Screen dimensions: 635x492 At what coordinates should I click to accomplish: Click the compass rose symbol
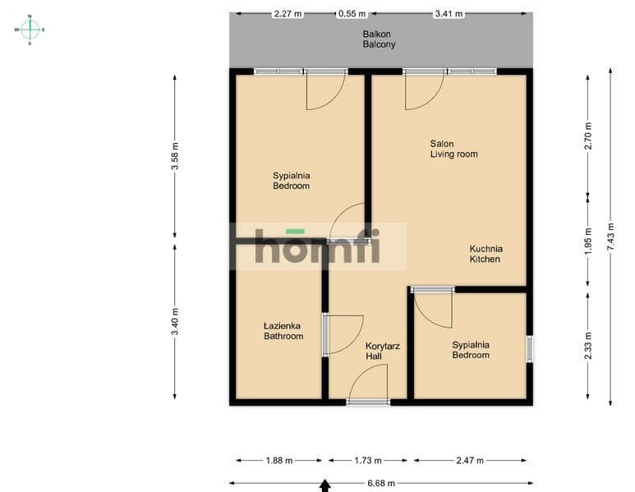(x=30, y=30)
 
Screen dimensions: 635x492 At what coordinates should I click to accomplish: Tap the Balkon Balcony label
(x=379, y=39)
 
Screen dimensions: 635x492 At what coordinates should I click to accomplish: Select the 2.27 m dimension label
(x=288, y=14)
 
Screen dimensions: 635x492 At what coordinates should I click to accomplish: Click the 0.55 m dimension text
(x=352, y=14)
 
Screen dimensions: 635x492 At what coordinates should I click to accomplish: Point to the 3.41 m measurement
(x=449, y=14)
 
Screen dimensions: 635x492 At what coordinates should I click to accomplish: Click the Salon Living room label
(x=453, y=149)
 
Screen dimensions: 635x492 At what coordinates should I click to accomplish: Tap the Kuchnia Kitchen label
(x=486, y=254)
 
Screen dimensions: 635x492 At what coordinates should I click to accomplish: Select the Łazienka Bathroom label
(x=283, y=331)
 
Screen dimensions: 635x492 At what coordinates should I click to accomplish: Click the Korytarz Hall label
(x=383, y=351)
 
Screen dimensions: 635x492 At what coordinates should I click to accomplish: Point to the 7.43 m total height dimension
(x=611, y=236)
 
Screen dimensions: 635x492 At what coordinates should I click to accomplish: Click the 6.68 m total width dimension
(x=381, y=483)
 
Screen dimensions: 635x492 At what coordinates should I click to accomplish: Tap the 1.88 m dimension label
(x=279, y=461)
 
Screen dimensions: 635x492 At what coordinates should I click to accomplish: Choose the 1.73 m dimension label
(x=368, y=461)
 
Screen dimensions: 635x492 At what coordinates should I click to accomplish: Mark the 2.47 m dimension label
(x=470, y=461)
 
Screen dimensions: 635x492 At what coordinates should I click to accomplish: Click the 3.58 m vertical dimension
(x=175, y=156)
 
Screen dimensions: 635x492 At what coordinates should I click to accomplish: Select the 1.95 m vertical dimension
(x=588, y=241)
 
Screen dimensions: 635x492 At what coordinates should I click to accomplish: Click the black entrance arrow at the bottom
(x=324, y=485)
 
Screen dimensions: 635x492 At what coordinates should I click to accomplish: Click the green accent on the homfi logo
(x=295, y=232)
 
